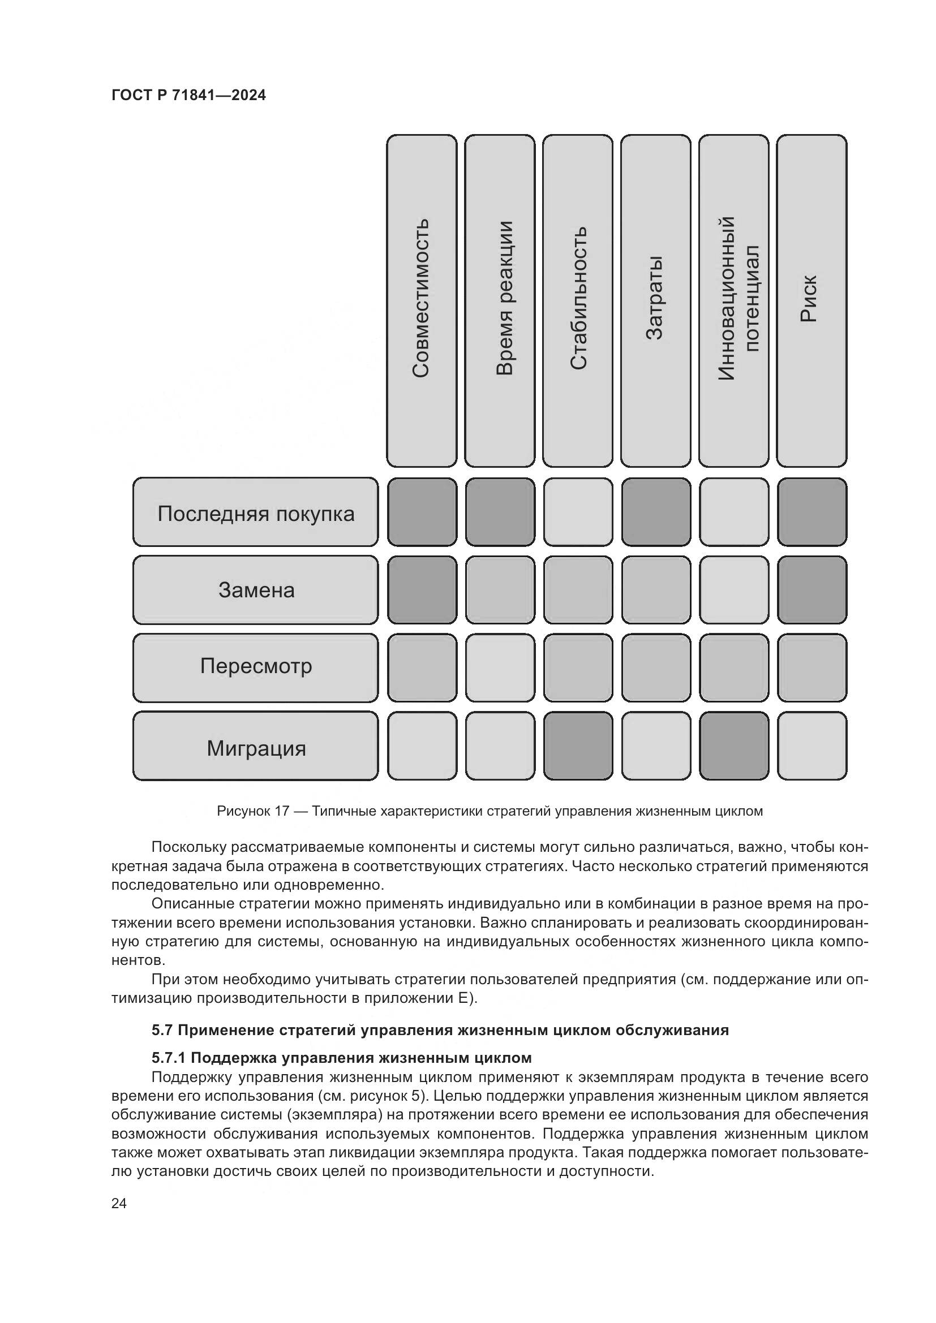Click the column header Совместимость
422,300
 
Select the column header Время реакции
500,300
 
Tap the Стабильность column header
578,300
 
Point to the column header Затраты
655,300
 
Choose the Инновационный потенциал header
734,300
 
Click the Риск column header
812,300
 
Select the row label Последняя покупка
255,512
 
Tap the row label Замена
255,589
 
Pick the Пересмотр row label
255,667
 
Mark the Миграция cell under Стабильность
578,745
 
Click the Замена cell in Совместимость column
422,589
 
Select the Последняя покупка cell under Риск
812,512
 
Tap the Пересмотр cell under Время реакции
500,667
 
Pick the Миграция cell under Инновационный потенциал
734,745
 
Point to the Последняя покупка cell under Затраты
655,512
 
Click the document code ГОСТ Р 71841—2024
188,96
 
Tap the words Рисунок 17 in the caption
252,811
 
